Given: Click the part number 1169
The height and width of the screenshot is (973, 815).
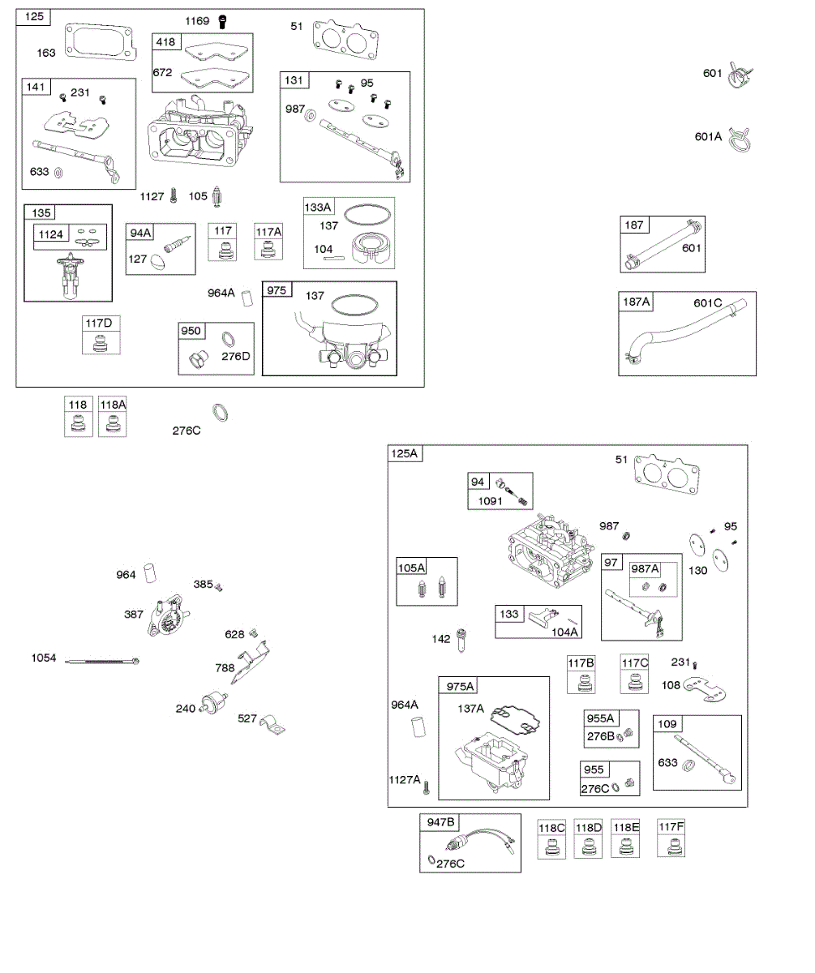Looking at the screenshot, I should pyautogui.click(x=197, y=21).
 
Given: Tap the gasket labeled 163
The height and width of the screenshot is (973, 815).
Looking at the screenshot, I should pyautogui.click(x=100, y=42).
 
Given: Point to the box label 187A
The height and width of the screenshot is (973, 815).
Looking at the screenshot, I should pyautogui.click(x=637, y=302).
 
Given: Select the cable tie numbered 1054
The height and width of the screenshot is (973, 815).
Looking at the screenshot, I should pyautogui.click(x=104, y=661).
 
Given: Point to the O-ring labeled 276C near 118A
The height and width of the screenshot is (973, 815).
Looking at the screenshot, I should pyautogui.click(x=220, y=413).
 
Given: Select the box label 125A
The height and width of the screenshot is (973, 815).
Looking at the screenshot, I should pyautogui.click(x=405, y=454).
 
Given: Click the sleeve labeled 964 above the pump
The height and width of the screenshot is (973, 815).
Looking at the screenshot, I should pyautogui.click(x=148, y=573).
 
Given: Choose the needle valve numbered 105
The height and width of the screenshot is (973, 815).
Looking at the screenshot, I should pyautogui.click(x=217, y=197).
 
